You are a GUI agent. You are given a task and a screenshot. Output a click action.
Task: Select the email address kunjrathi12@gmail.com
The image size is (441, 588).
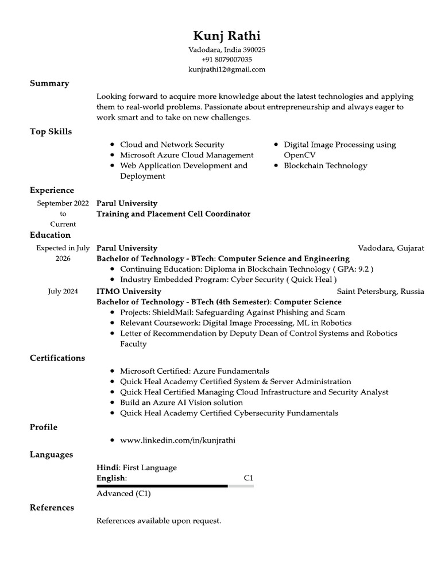click(227, 69)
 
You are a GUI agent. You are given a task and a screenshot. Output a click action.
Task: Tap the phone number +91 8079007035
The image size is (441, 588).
click(227, 60)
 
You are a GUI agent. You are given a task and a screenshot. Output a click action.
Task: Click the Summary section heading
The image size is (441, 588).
click(49, 83)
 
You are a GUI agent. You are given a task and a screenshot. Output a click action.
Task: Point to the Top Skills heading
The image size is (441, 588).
click(51, 131)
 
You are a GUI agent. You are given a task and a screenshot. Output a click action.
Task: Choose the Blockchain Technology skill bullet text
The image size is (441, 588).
click(326, 166)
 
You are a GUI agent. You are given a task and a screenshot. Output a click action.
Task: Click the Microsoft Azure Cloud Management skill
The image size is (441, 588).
click(187, 155)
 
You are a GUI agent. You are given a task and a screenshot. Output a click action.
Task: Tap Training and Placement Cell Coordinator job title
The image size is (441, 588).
click(173, 214)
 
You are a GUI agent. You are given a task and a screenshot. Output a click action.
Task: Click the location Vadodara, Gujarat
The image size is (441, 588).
click(391, 248)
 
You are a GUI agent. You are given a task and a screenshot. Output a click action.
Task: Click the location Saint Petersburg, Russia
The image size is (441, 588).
click(380, 291)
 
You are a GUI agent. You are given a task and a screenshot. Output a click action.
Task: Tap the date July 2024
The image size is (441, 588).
click(63, 291)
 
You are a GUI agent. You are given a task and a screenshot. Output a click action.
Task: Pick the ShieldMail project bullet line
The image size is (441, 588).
click(233, 312)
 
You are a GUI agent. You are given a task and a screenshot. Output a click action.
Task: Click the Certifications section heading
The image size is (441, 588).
click(57, 358)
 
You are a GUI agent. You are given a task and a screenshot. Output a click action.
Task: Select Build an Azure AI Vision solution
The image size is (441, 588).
click(181, 403)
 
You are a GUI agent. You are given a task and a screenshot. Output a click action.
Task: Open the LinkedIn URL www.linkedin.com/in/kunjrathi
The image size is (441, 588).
click(178, 440)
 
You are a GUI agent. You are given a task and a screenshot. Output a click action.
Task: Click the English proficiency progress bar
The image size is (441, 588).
click(175, 486)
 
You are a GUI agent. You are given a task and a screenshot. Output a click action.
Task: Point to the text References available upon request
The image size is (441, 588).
click(158, 521)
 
